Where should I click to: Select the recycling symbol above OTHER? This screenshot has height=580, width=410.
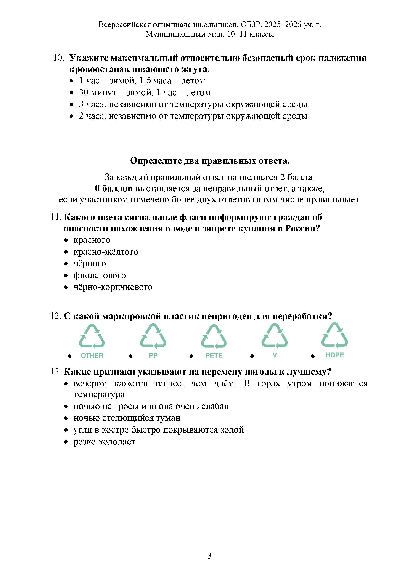pyautogui.click(x=92, y=337)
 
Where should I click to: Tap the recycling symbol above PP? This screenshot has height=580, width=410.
pyautogui.click(x=153, y=336)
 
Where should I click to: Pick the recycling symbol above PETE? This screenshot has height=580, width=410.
pyautogui.click(x=214, y=336)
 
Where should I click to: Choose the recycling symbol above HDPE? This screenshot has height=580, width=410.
pyautogui.click(x=335, y=336)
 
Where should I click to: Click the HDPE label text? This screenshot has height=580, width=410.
pyautogui.click(x=335, y=355)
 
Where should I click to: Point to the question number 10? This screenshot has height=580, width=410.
pyautogui.click(x=58, y=58)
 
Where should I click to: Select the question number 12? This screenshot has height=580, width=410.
pyautogui.click(x=56, y=316)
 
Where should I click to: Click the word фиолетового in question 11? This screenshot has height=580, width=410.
pyautogui.click(x=100, y=275)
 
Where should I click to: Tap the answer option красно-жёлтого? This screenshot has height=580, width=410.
pyautogui.click(x=106, y=252)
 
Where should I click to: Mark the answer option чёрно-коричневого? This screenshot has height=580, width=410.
pyautogui.click(x=113, y=287)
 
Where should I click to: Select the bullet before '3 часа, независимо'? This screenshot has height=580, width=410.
pyautogui.click(x=72, y=105)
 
